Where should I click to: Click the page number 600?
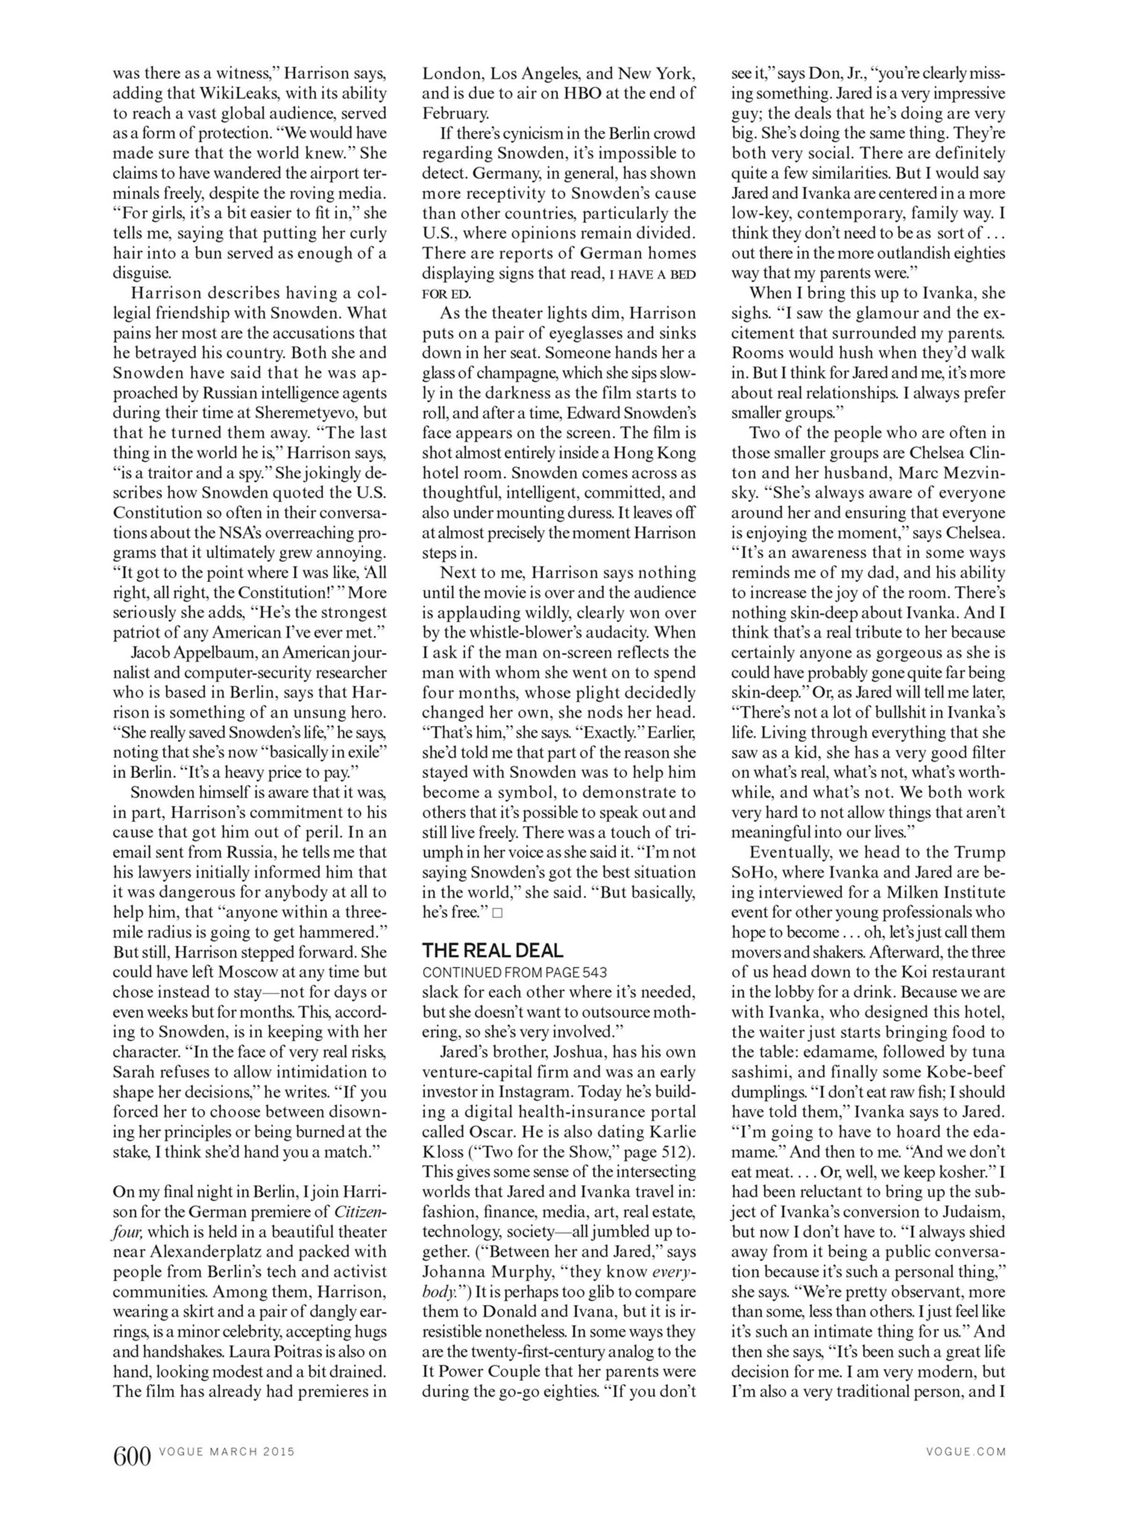(132, 1457)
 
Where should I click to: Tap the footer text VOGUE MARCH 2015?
(227, 1452)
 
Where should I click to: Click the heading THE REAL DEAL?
(493, 950)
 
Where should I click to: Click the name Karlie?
(673, 1132)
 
